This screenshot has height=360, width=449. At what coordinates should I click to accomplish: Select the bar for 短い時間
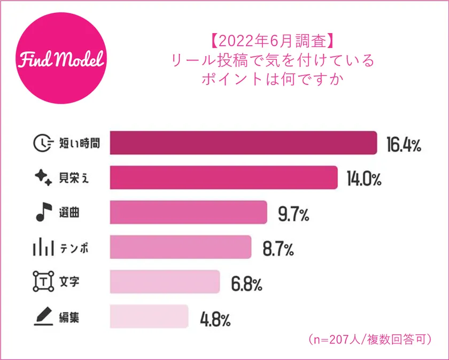[x=243, y=143]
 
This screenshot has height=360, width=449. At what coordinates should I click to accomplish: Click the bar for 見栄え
[x=223, y=177]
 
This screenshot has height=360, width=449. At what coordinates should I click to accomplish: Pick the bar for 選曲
[x=188, y=213]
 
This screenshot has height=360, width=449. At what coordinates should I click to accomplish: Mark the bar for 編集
[x=149, y=317]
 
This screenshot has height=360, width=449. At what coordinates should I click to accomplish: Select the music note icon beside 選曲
[x=42, y=213]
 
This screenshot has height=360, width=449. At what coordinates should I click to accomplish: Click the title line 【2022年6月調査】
[x=272, y=41]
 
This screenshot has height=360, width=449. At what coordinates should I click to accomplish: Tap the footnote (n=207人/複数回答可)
[x=370, y=339]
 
